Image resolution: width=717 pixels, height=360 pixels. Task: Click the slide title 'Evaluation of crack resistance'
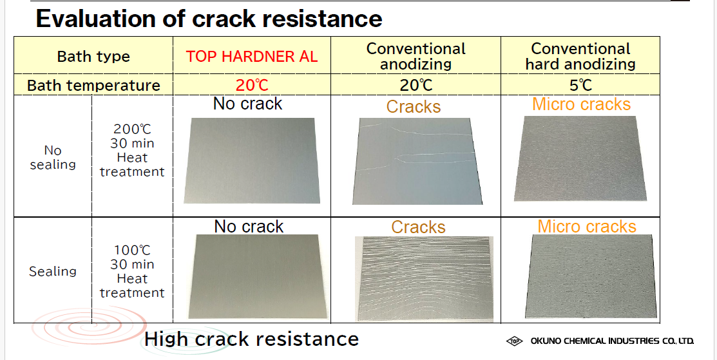point(209,19)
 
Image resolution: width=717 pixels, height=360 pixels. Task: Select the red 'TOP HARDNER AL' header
point(251,57)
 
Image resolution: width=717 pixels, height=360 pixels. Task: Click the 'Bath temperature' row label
point(93,86)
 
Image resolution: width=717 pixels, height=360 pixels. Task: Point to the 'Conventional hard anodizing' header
point(580,56)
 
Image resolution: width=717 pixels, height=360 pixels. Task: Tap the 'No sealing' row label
point(53,157)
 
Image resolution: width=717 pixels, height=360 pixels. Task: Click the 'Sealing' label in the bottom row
point(53,271)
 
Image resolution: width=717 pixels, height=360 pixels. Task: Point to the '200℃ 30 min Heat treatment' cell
point(132,150)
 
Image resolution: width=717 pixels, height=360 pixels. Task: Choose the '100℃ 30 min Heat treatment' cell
point(132,271)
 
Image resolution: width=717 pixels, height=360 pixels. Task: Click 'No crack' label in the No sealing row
point(248,104)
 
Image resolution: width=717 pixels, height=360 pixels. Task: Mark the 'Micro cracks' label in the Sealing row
point(587,226)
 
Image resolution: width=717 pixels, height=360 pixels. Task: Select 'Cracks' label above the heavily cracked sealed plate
point(418,227)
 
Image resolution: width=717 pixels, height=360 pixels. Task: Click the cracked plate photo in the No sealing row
point(417,161)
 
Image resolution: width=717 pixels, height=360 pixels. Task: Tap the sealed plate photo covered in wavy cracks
point(424,279)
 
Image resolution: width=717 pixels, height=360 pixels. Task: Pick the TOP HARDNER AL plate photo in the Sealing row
point(258,276)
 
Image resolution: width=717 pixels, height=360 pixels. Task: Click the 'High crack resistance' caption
point(251,339)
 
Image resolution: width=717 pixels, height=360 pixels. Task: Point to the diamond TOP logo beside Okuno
point(515,341)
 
